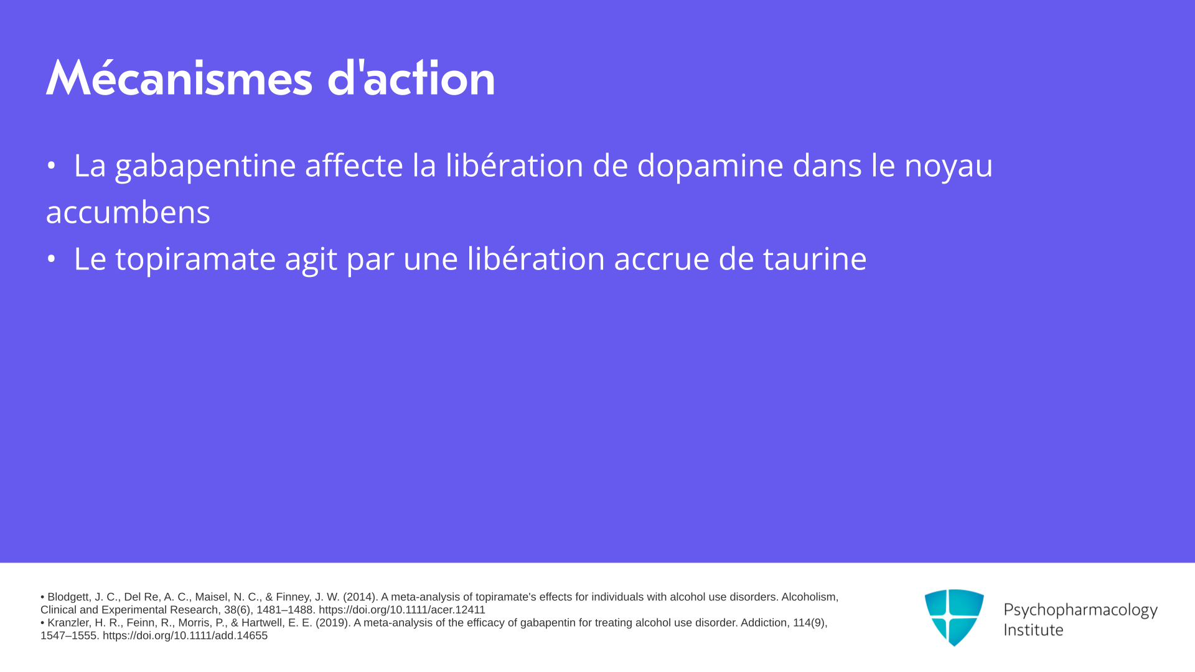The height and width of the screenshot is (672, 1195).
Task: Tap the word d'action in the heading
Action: click(x=411, y=77)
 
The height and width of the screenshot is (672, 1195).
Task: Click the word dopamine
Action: click(x=710, y=166)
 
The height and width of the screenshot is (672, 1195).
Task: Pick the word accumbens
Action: click(x=128, y=212)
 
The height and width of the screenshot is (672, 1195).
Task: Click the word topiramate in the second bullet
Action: click(x=195, y=259)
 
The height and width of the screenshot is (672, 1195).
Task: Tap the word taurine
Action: click(x=815, y=258)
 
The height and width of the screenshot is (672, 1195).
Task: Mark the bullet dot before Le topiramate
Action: click(x=51, y=259)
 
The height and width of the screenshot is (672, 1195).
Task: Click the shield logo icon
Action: click(x=954, y=617)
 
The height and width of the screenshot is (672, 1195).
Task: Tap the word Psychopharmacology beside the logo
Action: click(x=1080, y=610)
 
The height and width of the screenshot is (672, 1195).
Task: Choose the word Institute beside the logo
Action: click(x=1033, y=630)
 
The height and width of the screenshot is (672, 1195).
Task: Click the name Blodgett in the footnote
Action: click(x=68, y=597)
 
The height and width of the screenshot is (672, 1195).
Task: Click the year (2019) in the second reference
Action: click(x=333, y=623)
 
